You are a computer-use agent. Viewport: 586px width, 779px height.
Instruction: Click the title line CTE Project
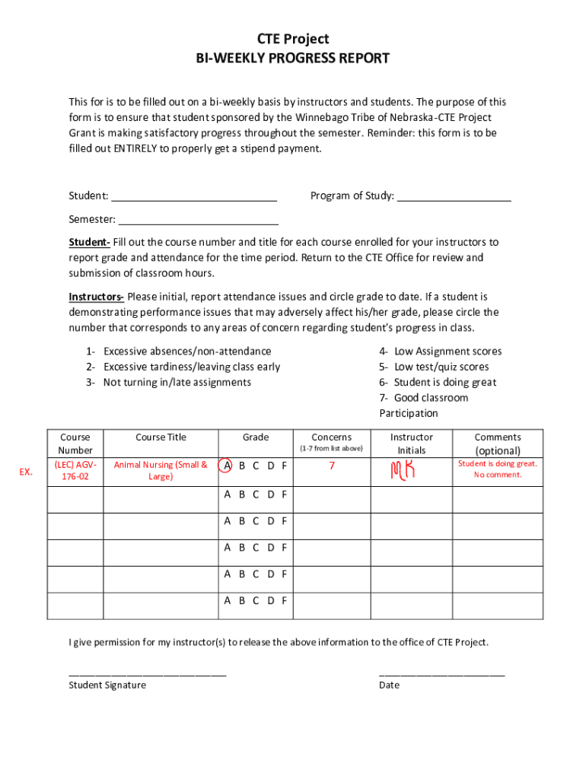coord(292,40)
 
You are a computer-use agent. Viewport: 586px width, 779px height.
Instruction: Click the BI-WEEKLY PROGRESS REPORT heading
coord(292,59)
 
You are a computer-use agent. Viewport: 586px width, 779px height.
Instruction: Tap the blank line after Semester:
coord(198,221)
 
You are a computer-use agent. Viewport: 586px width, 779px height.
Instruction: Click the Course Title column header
coord(161,437)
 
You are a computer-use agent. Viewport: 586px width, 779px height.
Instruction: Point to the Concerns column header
coord(331,437)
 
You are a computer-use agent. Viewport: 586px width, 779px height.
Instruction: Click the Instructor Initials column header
coord(411,444)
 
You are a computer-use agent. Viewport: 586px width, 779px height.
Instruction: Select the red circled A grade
coord(226,466)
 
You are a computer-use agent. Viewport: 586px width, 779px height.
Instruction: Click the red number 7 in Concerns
coord(332,466)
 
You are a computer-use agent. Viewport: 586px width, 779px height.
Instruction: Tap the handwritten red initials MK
coord(403,471)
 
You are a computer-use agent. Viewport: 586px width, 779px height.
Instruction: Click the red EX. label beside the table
coord(26,472)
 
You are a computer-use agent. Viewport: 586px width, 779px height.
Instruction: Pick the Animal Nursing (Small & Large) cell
coord(161,470)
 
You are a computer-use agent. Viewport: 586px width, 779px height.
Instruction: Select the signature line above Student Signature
coord(148,673)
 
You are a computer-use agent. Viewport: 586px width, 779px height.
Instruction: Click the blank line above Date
coord(441,673)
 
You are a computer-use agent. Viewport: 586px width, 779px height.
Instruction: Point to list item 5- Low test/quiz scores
coord(434,367)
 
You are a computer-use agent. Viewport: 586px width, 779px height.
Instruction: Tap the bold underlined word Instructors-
coord(97,297)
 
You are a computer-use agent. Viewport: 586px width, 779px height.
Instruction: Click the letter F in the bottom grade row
coord(284,600)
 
